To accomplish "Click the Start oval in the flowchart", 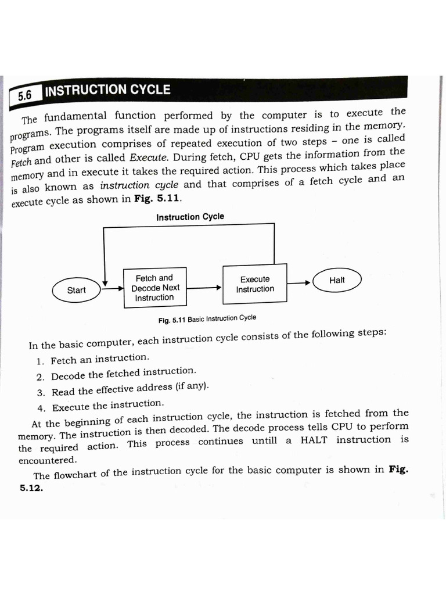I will pyautogui.click(x=76, y=291).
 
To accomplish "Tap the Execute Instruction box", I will pyautogui.click(x=255, y=284).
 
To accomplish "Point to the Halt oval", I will pyautogui.click(x=337, y=280).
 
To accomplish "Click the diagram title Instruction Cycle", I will pyautogui.click(x=190, y=217).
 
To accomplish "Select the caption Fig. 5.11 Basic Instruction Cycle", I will pyautogui.click(x=207, y=319).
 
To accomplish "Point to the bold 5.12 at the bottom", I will pyautogui.click(x=31, y=488).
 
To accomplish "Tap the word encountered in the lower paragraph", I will pyautogui.click(x=47, y=460).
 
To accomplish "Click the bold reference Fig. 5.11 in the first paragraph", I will pyautogui.click(x=157, y=198).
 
